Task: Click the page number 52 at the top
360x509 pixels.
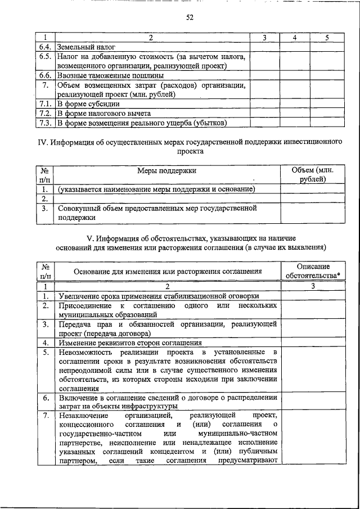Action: click(190, 17)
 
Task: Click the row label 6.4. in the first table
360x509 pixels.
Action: click(46, 47)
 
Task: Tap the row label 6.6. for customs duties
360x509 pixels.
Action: click(46, 75)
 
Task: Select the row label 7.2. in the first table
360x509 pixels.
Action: click(46, 113)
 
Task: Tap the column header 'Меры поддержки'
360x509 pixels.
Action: click(167, 170)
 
